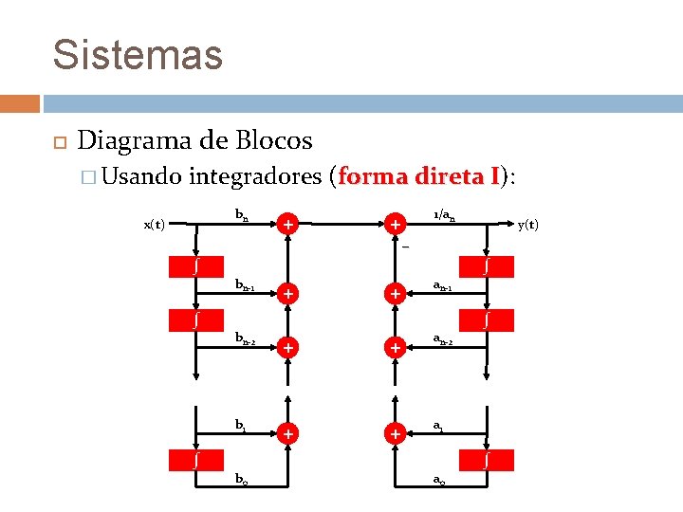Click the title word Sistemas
coord(138,54)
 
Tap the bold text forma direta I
coord(418,176)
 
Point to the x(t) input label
coord(154,225)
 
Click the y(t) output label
coord(527,225)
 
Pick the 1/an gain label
coord(444,216)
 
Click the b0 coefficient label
coord(242,480)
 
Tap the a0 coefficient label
coord(439,480)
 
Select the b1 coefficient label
coord(241,426)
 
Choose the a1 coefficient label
coord(438,426)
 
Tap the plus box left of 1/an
coord(393,225)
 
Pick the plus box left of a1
coord(393,433)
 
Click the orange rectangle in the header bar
coord(20,102)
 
